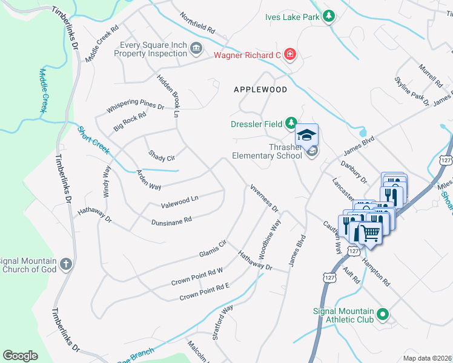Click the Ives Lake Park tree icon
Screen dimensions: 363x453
(x=328, y=16)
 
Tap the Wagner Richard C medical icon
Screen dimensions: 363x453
(x=290, y=55)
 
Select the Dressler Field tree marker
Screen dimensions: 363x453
(x=291, y=124)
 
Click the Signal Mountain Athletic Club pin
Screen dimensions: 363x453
(x=382, y=314)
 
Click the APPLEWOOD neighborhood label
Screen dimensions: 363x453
(x=260, y=89)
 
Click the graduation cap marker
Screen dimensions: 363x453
(x=307, y=134)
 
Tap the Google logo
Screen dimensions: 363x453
(x=20, y=356)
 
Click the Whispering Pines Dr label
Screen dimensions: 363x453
(x=136, y=105)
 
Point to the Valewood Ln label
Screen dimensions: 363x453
(x=179, y=200)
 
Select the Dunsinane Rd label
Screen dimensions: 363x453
(x=171, y=221)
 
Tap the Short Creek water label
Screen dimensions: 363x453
(x=93, y=139)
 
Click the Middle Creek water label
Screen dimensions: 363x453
(x=43, y=90)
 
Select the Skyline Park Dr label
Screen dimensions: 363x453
(x=411, y=91)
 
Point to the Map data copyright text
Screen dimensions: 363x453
(x=427, y=358)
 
